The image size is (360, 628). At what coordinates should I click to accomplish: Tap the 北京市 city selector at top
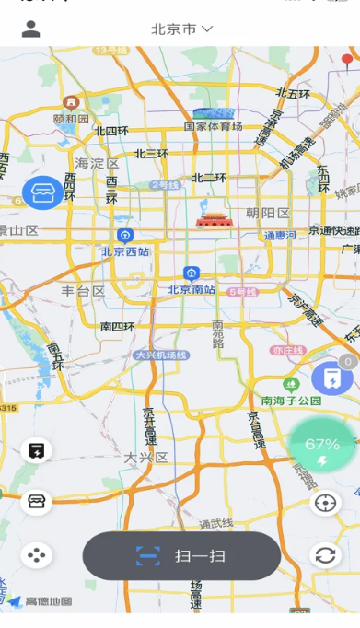[182, 29]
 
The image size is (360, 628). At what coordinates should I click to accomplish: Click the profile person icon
[31, 29]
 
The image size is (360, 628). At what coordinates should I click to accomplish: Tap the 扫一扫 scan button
[181, 556]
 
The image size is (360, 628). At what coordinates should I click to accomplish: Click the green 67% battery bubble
[322, 447]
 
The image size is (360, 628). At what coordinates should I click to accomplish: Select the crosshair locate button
[325, 503]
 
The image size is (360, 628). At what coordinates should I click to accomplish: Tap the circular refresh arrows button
[325, 555]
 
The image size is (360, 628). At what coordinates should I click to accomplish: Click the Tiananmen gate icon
[211, 220]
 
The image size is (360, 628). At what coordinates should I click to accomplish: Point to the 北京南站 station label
[192, 289]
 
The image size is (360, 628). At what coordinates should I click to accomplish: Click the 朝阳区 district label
[268, 214]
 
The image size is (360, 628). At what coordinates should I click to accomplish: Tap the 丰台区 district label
[83, 291]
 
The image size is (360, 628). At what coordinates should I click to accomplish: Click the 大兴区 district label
[145, 457]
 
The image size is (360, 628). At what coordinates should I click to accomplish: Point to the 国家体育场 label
[213, 127]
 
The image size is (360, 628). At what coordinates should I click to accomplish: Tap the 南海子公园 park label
[291, 401]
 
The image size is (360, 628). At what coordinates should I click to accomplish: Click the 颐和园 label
[71, 118]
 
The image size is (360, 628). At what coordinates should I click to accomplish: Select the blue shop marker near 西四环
[42, 192]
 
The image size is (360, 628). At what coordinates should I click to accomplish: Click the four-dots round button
[37, 555]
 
